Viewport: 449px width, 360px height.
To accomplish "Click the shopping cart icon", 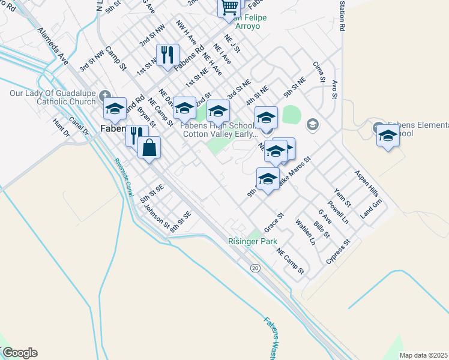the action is (229, 7).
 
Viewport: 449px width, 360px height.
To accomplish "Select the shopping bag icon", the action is (149, 146).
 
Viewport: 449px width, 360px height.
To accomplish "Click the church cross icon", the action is (106, 95).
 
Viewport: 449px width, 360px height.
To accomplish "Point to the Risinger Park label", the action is (253, 241).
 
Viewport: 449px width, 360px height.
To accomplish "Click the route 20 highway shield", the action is (256, 268).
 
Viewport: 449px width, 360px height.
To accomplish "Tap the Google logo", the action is (20, 353).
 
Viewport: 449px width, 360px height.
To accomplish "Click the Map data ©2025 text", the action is (423, 355).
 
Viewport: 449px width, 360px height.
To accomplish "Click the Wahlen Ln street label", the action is (305, 232).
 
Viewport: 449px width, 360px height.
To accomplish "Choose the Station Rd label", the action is (342, 16).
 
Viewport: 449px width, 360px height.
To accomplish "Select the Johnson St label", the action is (157, 217).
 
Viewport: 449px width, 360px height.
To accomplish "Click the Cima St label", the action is (318, 71).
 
